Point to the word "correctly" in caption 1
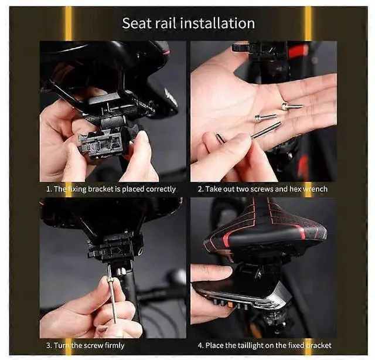tap(161, 189)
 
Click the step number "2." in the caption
tap(200, 189)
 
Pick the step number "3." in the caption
tap(49, 346)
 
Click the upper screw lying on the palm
tap(292, 106)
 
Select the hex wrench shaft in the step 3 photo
tap(112, 298)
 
